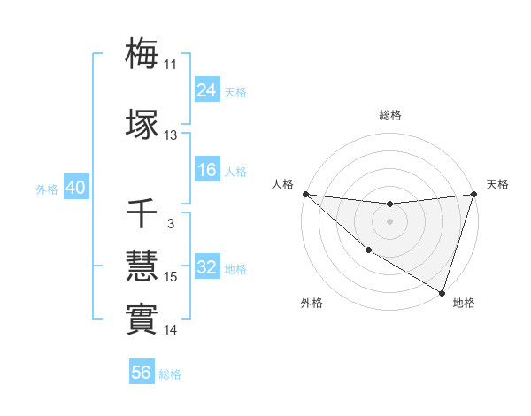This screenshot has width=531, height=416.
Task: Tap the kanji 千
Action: pos(142,214)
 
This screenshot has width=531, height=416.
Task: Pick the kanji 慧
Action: pos(142,266)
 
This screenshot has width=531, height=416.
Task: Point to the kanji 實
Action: pos(142,319)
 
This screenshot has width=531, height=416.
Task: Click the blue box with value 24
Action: pos(207,90)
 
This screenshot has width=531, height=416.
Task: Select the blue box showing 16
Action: pos(207,171)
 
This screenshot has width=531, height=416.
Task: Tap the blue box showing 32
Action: pos(207,268)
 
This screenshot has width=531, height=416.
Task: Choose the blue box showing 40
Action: pos(75,188)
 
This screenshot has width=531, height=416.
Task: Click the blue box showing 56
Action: pos(142,374)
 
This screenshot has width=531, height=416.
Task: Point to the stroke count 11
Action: pos(170,65)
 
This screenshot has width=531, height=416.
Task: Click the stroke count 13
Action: pos(170,135)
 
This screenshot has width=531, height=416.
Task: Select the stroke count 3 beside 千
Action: pos(170,224)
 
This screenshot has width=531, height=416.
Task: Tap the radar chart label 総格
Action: pos(389,115)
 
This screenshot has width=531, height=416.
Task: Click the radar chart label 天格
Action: pos(497,184)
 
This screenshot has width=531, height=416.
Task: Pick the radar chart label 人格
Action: pos(282,184)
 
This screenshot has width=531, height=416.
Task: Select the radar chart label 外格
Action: pos(312,304)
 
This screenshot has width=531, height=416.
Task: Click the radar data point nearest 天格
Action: pos(473,194)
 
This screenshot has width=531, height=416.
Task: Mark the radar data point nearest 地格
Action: pos(442,292)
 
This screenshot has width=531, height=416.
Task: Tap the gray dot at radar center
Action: pos(389,221)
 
